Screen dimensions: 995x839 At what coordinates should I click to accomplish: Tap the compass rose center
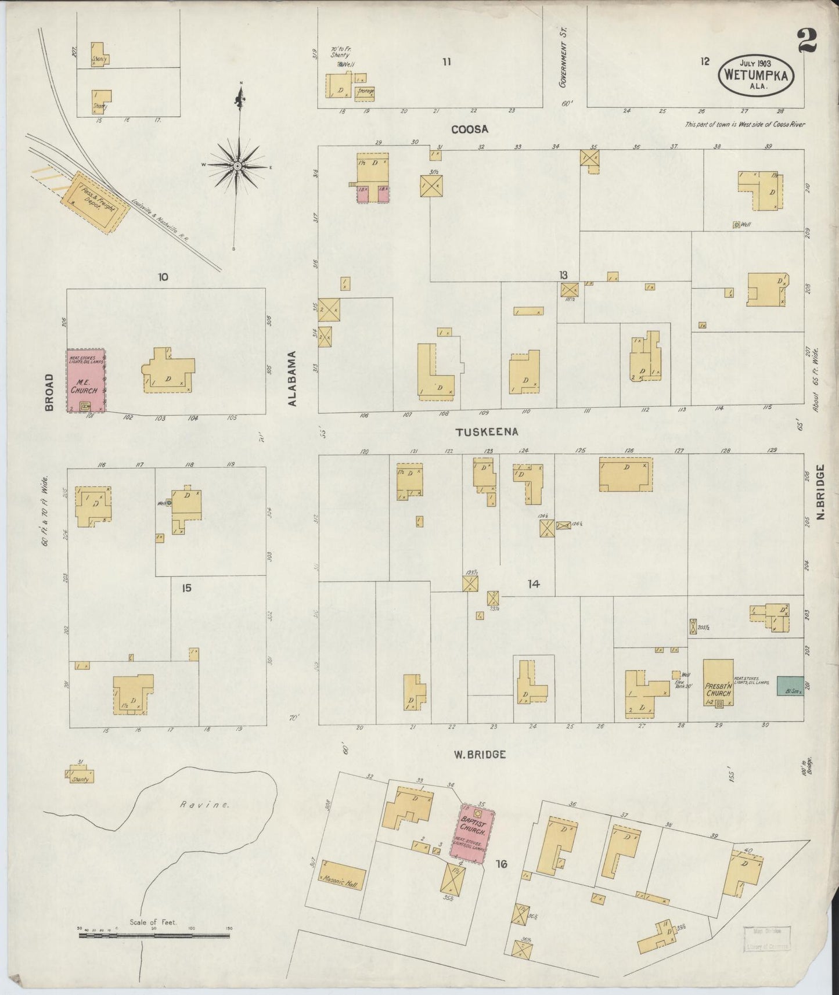pyautogui.click(x=237, y=166)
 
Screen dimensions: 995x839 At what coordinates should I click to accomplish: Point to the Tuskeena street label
pyautogui.click(x=487, y=432)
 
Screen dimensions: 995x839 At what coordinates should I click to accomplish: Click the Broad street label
pyautogui.click(x=49, y=392)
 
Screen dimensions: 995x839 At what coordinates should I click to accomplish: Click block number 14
pyautogui.click(x=532, y=584)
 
